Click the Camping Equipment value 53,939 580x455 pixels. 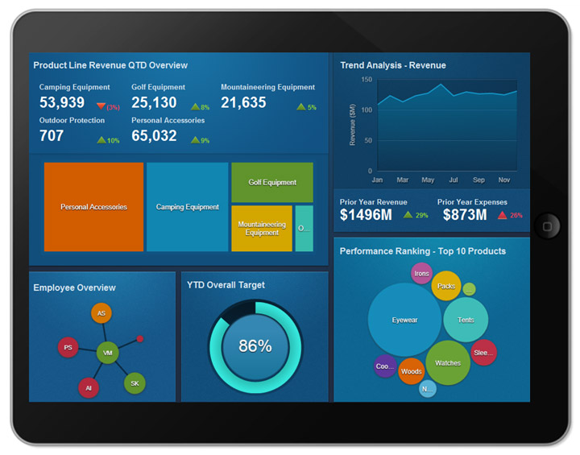tap(62, 102)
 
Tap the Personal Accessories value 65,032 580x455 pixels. tap(154, 136)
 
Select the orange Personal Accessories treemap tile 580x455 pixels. tap(93, 207)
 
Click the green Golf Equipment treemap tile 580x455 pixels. tap(272, 182)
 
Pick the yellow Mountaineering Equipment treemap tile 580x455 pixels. tap(262, 229)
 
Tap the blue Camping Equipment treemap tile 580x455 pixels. tap(187, 207)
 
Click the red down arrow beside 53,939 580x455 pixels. tap(101, 106)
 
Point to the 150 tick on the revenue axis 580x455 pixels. tap(366, 80)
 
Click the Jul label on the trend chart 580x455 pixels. tap(454, 180)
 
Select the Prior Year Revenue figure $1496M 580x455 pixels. tap(366, 215)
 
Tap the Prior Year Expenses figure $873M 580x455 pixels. tap(462, 215)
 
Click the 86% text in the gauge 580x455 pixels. tap(255, 346)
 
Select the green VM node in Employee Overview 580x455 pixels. tap(107, 353)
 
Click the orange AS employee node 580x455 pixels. tap(101, 313)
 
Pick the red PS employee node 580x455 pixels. tap(68, 348)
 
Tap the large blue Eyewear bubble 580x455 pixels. tap(404, 320)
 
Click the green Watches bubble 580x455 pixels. tap(448, 362)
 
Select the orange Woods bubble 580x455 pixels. tap(411, 371)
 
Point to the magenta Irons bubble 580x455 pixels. tap(421, 274)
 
